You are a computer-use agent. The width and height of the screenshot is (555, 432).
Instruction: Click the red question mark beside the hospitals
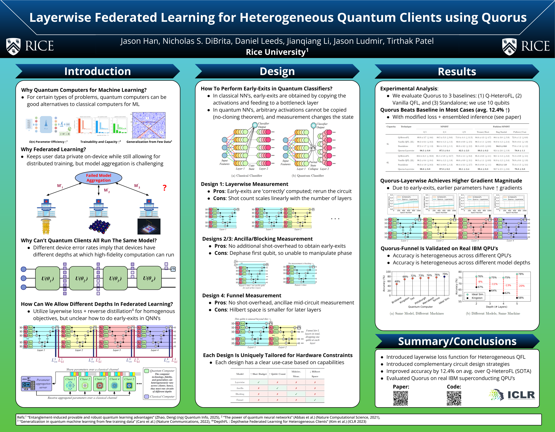coord(165,188)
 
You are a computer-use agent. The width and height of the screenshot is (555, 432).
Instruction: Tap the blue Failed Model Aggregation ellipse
coord(99,178)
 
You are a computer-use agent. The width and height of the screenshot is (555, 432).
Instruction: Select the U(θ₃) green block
coord(115,278)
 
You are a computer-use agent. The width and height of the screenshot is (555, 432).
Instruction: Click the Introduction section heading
coord(98,71)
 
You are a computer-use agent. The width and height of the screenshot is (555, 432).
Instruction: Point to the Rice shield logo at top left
coord(14,46)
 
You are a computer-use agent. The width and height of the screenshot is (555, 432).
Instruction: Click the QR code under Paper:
coord(400,398)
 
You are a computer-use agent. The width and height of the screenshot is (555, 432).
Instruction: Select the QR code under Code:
coord(454,398)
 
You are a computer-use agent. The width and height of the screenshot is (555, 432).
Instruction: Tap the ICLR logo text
coord(521,395)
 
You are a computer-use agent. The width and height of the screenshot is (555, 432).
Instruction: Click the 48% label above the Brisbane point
coord(397,281)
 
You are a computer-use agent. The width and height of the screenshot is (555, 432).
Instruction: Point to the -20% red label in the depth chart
coord(521,286)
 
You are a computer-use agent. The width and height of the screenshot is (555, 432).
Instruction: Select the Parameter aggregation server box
coord(37,383)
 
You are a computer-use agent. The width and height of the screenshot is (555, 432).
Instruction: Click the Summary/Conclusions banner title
coord(457,341)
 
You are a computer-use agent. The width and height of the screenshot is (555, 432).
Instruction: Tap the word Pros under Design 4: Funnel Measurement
coord(220,303)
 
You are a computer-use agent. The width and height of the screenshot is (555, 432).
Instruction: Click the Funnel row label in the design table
coord(240,400)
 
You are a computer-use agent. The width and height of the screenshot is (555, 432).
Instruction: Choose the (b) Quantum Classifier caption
coord(308,176)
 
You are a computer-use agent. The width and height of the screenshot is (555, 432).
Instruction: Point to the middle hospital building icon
coord(99,209)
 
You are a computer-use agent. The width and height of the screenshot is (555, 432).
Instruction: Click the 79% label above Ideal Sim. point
coord(445,274)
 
